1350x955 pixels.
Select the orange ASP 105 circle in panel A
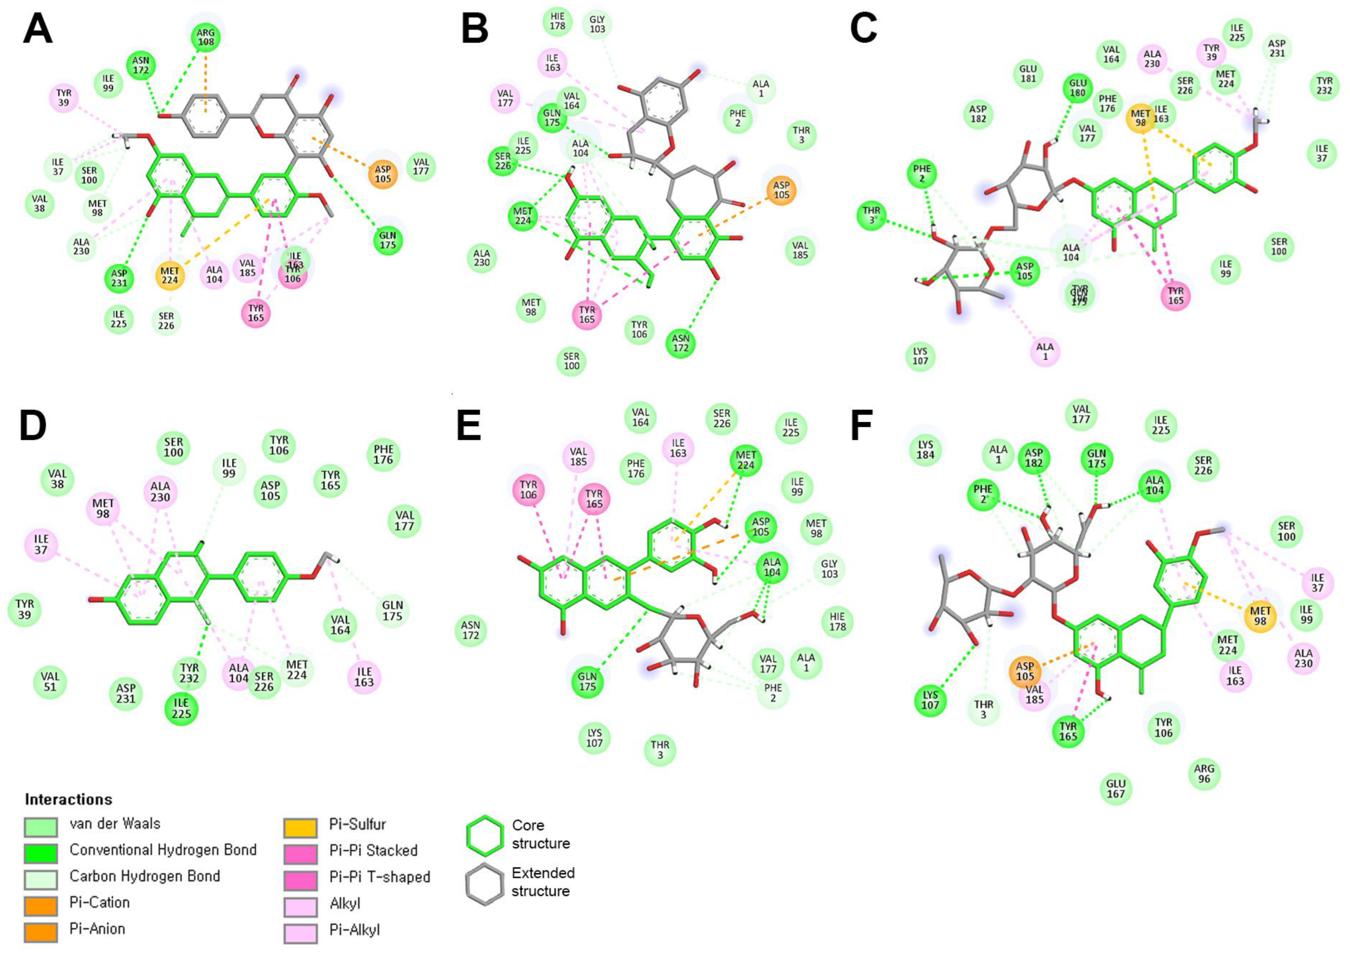tap(383, 174)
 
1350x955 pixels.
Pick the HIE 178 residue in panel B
tap(557, 22)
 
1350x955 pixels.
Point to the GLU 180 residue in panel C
tap(1078, 88)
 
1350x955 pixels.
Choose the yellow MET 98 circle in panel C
tap(1141, 118)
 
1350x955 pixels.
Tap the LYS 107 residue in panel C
tap(920, 356)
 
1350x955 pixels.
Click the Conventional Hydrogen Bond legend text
tap(163, 850)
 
